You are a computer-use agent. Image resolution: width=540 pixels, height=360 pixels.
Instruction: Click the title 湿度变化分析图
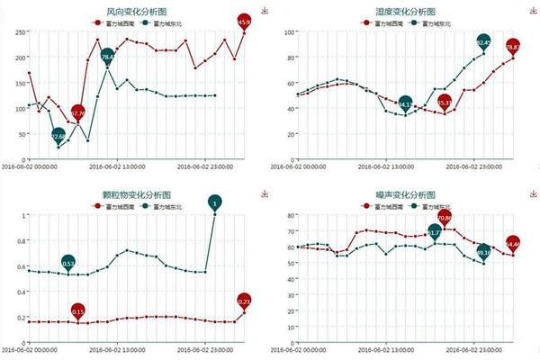pyautogui.click(x=404, y=11)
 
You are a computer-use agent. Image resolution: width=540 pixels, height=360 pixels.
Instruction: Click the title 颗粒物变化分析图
pyautogui.click(x=134, y=194)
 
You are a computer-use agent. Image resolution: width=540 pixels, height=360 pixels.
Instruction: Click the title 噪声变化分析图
pyautogui.click(x=404, y=194)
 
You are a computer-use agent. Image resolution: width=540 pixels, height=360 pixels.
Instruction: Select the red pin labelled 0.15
pyautogui.click(x=78, y=311)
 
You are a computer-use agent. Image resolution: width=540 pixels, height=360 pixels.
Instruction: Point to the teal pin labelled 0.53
pyautogui.click(x=68, y=262)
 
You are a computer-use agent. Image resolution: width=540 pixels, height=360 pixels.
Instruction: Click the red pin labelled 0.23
pyautogui.click(x=245, y=300)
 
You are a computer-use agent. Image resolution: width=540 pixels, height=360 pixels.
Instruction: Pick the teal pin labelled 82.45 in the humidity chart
pyautogui.click(x=483, y=42)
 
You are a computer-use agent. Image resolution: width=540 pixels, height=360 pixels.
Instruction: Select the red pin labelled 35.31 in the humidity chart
pyautogui.click(x=444, y=103)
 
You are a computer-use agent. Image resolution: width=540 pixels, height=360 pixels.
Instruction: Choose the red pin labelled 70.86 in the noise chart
pyautogui.click(x=444, y=217)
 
